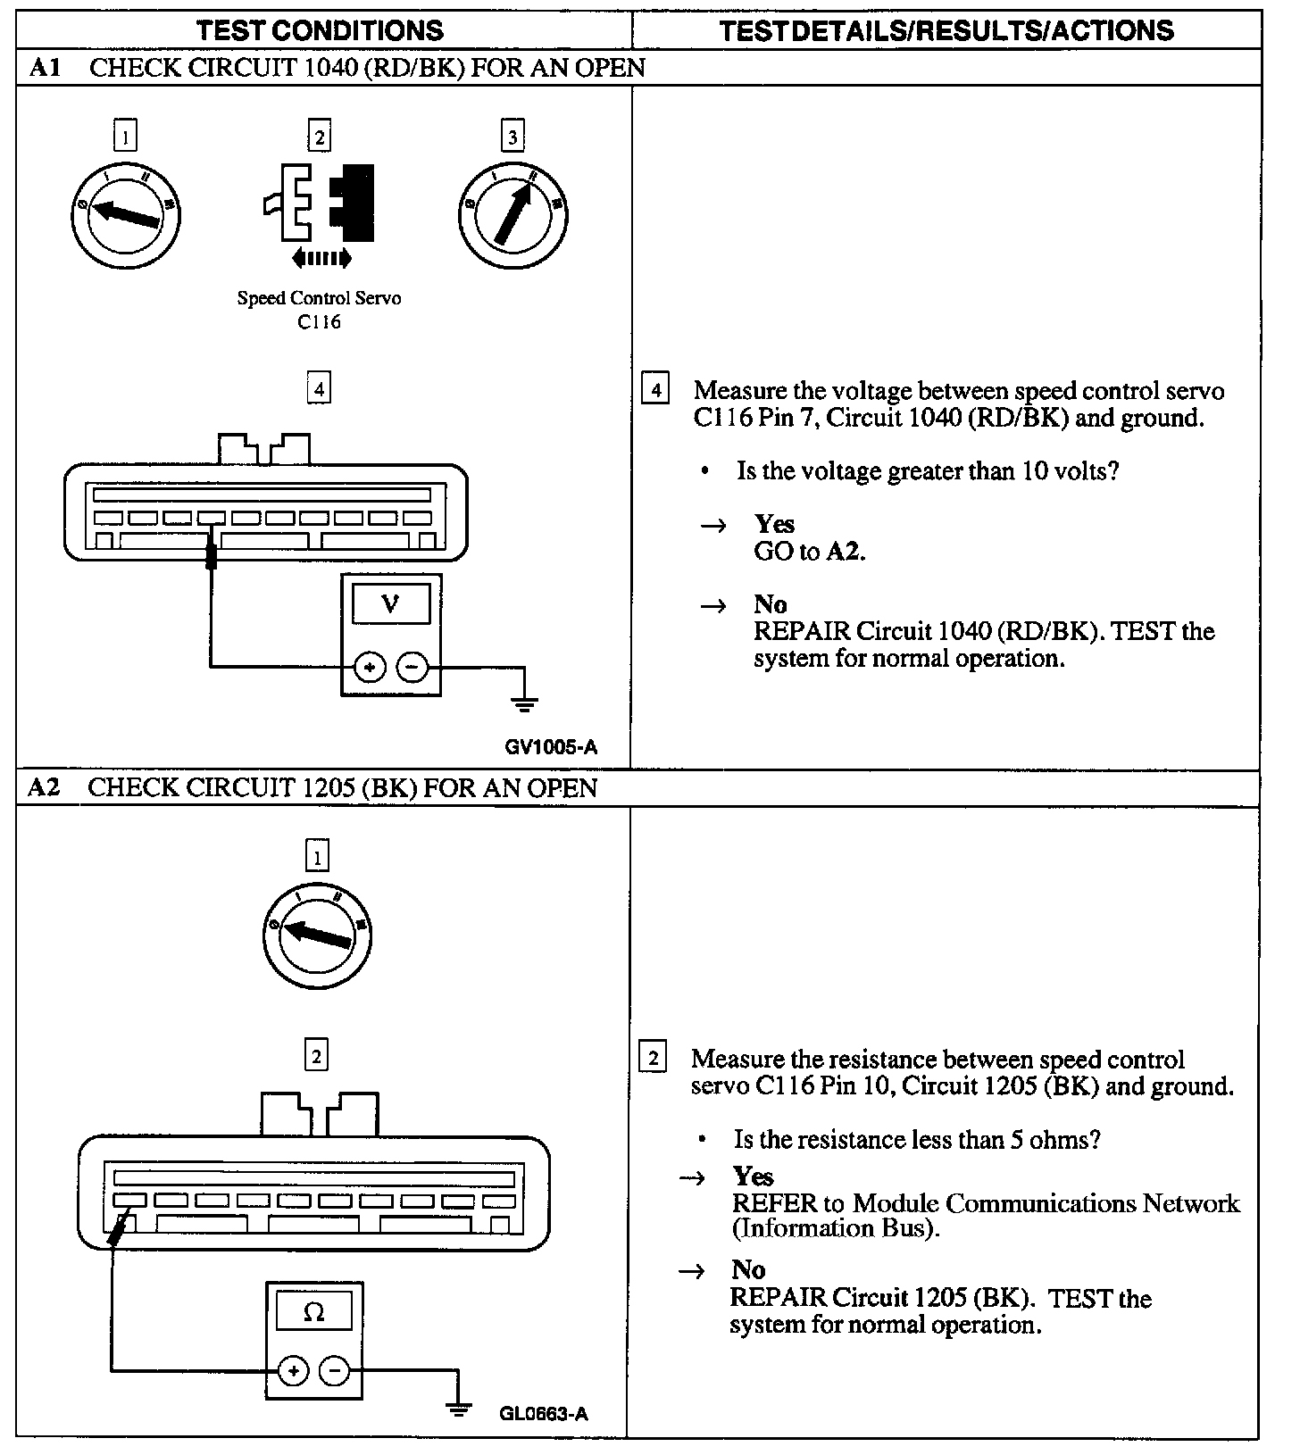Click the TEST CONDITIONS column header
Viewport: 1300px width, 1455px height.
(320, 30)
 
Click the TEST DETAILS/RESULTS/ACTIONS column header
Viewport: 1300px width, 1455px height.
(946, 30)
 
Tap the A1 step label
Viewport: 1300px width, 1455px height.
(45, 68)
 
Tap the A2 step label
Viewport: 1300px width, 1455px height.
(45, 787)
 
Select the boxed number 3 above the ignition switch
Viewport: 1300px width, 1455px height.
(512, 137)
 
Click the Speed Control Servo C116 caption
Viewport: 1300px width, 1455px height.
(319, 309)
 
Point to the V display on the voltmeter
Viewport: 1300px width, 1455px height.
(390, 604)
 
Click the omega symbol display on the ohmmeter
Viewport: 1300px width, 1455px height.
(313, 1312)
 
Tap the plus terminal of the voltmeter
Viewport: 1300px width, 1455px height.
(369, 667)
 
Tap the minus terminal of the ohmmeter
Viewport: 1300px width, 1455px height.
(334, 1371)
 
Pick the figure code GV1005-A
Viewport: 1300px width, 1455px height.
(550, 747)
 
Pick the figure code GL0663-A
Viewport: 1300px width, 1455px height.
(543, 1413)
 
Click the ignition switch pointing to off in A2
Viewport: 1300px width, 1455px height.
(317, 935)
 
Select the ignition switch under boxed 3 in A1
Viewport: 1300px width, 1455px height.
(512, 213)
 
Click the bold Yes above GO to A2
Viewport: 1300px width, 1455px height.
(774, 524)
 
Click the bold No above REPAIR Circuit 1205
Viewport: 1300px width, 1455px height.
(748, 1269)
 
